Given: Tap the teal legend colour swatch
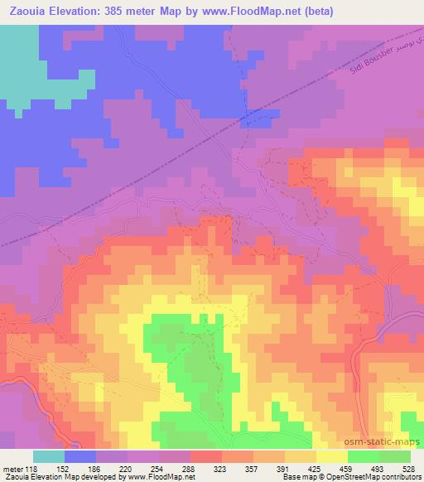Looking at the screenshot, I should (x=49, y=456).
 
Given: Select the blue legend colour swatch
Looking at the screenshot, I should (x=80, y=456).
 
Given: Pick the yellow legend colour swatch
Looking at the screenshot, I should (x=332, y=456).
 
